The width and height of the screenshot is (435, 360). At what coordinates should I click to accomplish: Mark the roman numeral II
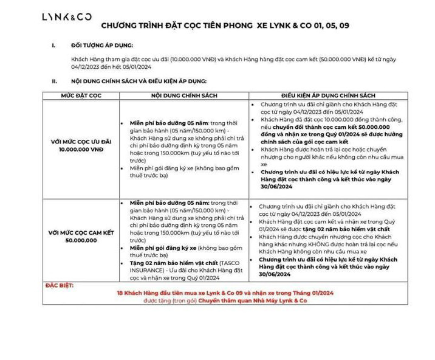click(55, 81)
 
